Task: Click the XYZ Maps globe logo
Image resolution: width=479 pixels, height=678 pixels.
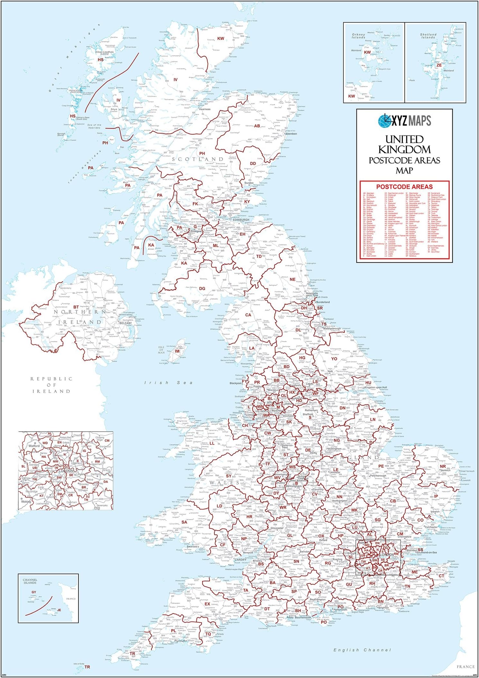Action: click(384, 121)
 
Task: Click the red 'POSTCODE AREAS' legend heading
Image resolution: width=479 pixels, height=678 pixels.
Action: click(404, 187)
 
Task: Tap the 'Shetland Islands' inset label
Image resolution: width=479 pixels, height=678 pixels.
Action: click(428, 36)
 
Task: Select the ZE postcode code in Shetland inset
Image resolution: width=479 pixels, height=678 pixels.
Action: click(439, 65)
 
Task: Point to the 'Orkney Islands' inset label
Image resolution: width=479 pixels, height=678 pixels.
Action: click(358, 36)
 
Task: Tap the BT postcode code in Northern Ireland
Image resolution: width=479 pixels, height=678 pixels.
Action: click(76, 307)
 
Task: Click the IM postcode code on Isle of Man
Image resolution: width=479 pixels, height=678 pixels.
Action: click(177, 351)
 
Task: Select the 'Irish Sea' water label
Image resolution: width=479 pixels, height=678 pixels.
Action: click(168, 383)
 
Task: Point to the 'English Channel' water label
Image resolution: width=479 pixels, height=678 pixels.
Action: click(362, 650)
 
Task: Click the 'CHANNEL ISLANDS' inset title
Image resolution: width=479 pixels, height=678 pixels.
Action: click(30, 581)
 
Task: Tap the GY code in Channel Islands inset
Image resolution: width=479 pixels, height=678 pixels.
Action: click(34, 592)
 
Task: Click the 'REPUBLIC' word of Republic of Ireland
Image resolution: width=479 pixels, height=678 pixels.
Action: click(51, 379)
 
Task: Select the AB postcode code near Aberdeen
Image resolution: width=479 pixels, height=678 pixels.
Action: click(257, 126)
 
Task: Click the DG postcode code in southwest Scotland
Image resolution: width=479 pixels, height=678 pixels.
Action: click(202, 288)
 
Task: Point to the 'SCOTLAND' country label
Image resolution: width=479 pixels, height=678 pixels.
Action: click(197, 159)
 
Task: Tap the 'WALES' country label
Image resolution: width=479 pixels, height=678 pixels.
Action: click(224, 483)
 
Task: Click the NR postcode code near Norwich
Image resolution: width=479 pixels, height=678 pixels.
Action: click(443, 466)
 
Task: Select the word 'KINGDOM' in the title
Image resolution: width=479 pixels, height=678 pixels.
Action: click(404, 149)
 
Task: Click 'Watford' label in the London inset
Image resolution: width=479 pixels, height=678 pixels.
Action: click(34, 446)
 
